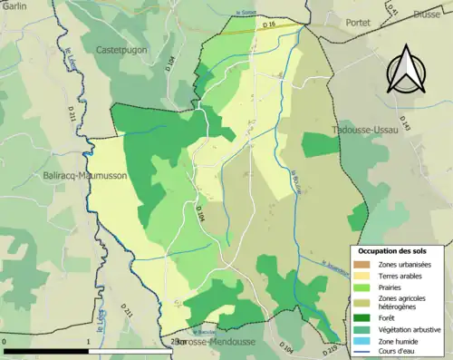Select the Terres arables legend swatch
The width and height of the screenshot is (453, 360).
(x=363, y=275)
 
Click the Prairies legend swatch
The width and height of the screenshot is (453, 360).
(x=363, y=287)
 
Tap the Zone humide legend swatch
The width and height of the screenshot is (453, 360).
(x=363, y=340)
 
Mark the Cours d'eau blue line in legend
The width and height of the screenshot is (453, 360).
(x=363, y=352)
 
